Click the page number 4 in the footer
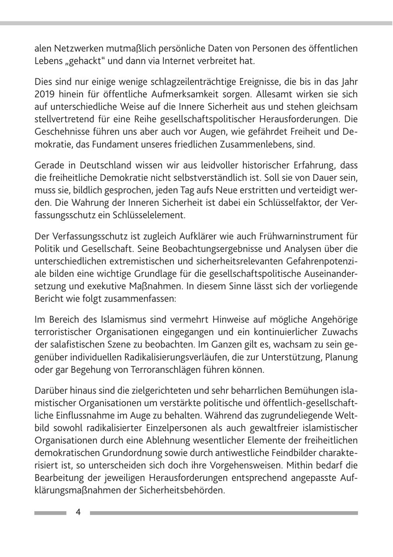point(78,512)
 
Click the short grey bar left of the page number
point(50,513)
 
